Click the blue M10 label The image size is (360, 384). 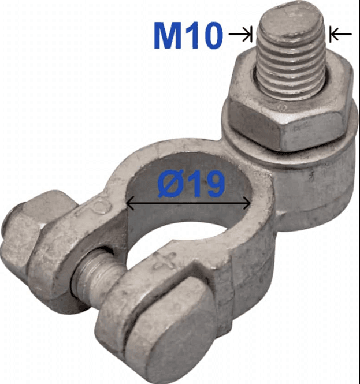[x=188, y=35]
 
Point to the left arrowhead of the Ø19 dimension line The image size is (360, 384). [x=131, y=203]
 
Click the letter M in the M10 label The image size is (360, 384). [x=168, y=35]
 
